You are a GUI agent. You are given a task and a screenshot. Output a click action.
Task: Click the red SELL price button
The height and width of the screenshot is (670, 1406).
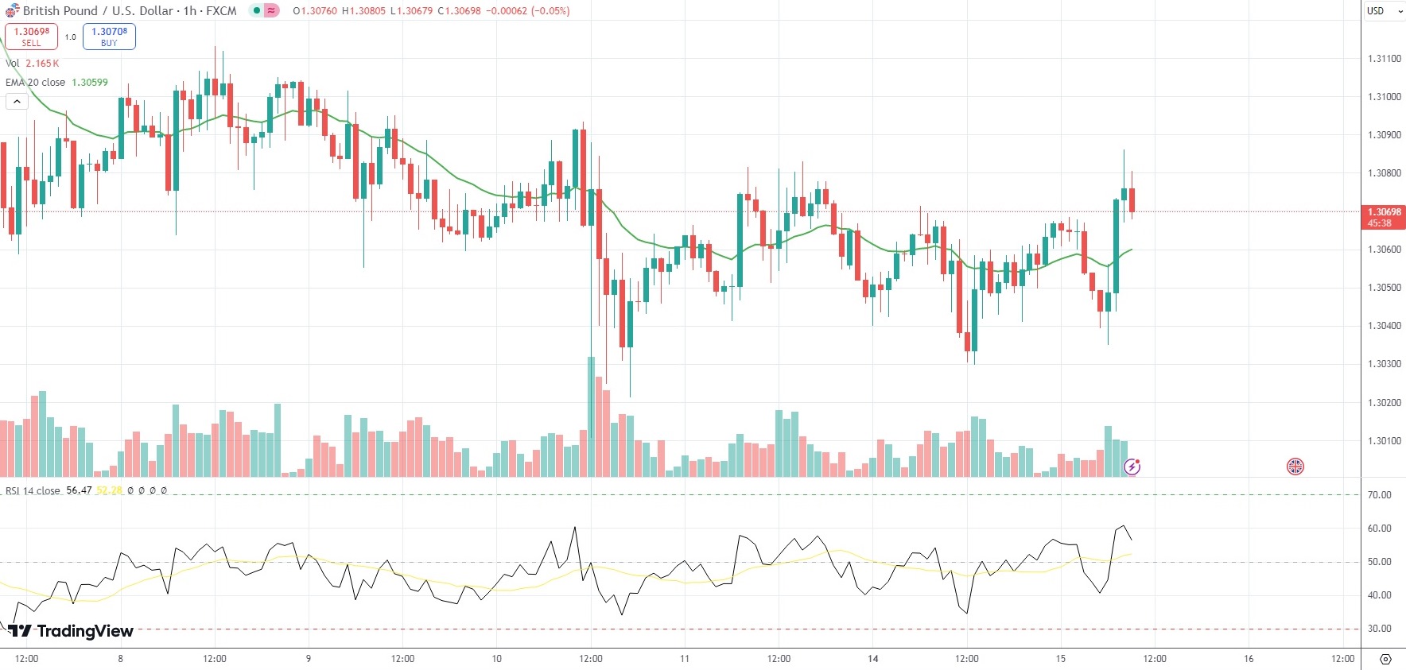pos(31,37)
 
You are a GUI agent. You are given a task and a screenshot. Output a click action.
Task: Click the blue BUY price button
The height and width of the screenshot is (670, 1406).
pos(109,37)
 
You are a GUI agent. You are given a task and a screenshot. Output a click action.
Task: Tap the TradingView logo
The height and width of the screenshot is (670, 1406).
pos(71,631)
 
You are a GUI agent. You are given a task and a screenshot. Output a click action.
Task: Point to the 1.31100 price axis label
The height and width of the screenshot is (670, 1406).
pos(1384,59)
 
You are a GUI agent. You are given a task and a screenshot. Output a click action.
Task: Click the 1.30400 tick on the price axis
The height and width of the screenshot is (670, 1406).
pos(1384,326)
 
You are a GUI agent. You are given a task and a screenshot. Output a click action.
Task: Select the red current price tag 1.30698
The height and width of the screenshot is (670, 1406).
pos(1384,216)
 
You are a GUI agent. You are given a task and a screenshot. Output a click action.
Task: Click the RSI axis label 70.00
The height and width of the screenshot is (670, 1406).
pos(1379,495)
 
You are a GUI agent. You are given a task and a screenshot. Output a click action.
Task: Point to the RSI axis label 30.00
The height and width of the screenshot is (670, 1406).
pos(1379,629)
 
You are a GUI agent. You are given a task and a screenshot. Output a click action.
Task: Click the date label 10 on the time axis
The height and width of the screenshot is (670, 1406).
pos(496,659)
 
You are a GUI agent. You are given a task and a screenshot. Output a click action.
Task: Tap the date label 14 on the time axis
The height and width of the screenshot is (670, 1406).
pos(872,659)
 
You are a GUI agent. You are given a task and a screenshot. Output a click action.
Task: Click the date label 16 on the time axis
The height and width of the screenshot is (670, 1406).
pos(1249,659)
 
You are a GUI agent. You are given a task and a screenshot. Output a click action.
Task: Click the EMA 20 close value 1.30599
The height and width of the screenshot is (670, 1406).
pos(90,83)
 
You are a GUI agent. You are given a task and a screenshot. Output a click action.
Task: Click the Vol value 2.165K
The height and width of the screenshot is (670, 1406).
pos(42,64)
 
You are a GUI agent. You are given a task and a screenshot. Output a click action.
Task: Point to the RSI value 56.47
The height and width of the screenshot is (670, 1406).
pos(79,490)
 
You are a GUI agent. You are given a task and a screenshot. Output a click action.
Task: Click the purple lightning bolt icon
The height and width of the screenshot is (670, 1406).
pos(1132,467)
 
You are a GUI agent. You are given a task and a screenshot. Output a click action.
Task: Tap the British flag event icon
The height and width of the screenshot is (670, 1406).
pos(1295,467)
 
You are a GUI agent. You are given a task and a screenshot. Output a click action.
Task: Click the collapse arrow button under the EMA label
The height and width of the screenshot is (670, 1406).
pos(17,102)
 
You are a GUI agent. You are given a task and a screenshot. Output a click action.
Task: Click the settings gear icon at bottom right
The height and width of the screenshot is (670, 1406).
pos(1385,660)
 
